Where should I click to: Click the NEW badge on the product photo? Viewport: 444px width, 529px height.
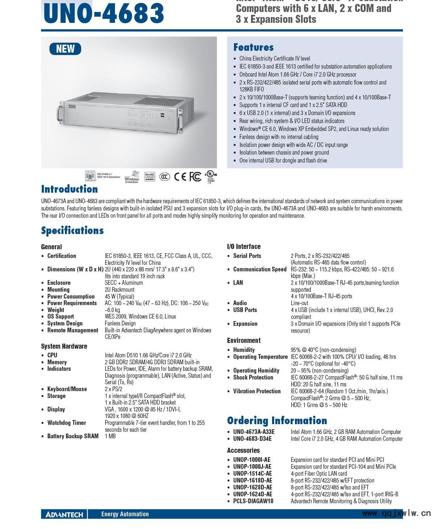[x=65, y=49]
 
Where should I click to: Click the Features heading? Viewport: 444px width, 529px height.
[x=253, y=47]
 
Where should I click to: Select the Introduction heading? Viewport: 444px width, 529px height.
[x=69, y=189]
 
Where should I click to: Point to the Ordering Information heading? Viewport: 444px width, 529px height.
[x=277, y=421]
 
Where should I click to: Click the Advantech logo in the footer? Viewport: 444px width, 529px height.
[x=64, y=514]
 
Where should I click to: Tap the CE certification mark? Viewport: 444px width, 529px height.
[x=180, y=177]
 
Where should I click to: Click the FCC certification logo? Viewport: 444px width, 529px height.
[x=196, y=177]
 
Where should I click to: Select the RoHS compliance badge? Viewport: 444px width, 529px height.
[x=150, y=177]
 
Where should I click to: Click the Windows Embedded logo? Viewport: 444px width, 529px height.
[x=132, y=177]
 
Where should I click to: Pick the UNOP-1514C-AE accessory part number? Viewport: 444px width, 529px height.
[x=252, y=473]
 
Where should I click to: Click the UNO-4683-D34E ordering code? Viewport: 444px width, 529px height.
[x=252, y=439]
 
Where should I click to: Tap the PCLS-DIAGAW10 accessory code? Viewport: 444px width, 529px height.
[x=253, y=501]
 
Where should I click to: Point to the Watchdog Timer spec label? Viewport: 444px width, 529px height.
[x=67, y=423]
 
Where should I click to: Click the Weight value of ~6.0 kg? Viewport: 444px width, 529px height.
[x=112, y=310]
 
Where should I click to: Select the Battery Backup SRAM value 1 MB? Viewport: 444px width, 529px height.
[x=110, y=436]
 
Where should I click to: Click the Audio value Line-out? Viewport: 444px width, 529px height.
[x=299, y=303]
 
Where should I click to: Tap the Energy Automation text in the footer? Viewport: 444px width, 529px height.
[x=125, y=514]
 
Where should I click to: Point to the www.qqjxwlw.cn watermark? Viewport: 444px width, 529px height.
[x=396, y=513]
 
